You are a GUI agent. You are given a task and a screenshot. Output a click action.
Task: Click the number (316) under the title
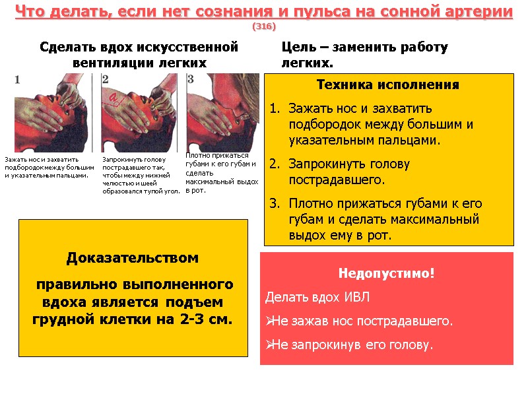pyautogui.click(x=264, y=26)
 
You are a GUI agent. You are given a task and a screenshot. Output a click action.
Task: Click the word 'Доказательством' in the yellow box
pyautogui.click(x=132, y=258)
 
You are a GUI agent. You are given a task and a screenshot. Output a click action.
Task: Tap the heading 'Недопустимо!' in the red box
pyautogui.click(x=387, y=273)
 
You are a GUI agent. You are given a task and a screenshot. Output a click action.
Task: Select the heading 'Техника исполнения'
pyautogui.click(x=388, y=85)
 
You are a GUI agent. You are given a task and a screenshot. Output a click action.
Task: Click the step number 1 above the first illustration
pyautogui.click(x=17, y=79)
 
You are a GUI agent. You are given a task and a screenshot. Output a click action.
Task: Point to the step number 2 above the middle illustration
pyautogui.click(x=106, y=79)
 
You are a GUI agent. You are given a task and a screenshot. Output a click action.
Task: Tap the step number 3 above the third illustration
pyautogui.click(x=190, y=79)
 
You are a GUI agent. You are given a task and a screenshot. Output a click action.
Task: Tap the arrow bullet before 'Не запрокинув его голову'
pyautogui.click(x=269, y=345)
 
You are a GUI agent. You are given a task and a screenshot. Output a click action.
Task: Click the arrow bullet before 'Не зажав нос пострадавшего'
pyautogui.click(x=269, y=321)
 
